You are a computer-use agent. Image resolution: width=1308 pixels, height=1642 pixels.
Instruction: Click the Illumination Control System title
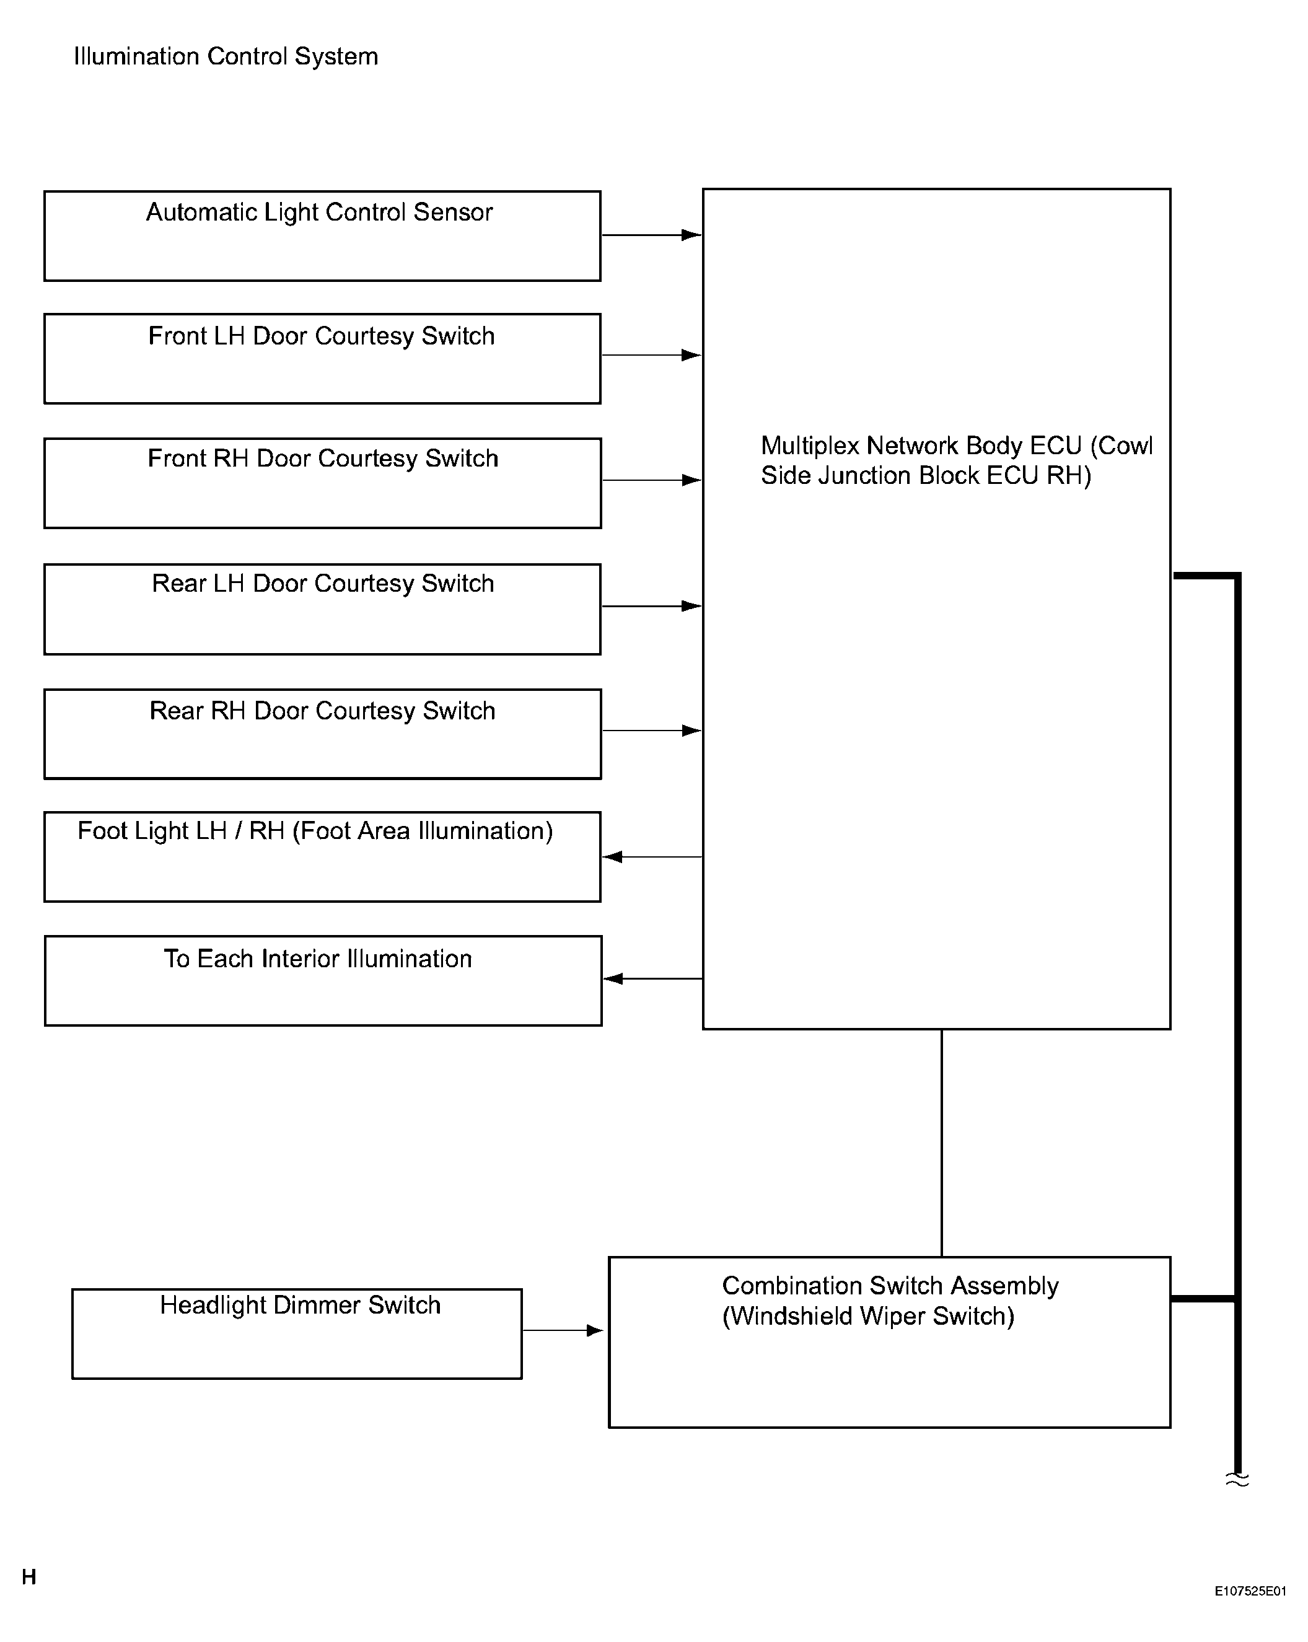226,56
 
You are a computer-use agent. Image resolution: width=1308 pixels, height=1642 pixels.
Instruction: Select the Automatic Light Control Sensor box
322,236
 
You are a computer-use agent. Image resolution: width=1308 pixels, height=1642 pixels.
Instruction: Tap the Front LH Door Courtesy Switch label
322,336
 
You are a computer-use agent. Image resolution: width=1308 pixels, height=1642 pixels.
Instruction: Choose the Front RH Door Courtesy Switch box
322,483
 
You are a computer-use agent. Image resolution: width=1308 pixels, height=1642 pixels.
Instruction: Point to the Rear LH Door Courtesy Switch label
323,584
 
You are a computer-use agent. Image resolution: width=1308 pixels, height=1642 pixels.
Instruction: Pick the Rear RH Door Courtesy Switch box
322,734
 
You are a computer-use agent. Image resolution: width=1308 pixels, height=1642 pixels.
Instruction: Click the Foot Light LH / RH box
322,857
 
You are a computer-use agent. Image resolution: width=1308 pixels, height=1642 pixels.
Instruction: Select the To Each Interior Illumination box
323,981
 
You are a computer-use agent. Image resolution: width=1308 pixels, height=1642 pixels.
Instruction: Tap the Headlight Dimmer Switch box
297,1333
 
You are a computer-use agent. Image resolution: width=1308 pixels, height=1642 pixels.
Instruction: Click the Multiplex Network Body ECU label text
957,460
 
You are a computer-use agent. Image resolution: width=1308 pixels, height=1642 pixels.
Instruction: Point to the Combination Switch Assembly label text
890,1301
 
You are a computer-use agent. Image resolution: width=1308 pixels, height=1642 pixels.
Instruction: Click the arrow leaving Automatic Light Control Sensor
651,235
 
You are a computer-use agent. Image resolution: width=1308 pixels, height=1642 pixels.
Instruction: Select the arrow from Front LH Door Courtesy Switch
651,355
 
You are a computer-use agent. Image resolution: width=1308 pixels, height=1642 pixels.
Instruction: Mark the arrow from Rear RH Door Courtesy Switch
651,731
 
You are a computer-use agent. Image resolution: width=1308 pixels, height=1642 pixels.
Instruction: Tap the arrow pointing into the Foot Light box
652,857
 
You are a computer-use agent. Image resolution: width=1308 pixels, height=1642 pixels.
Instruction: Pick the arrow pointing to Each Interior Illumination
653,978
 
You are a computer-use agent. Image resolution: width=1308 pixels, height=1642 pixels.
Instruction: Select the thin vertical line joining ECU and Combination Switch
942,1143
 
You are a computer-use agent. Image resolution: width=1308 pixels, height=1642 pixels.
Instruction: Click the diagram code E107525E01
1250,1591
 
